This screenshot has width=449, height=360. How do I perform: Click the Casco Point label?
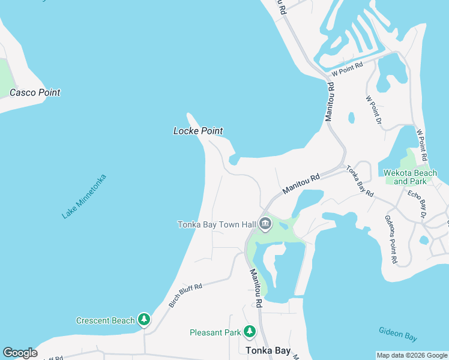click(x=34, y=92)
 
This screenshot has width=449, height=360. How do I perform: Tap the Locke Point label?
click(x=198, y=131)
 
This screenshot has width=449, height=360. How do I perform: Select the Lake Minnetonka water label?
click(x=84, y=196)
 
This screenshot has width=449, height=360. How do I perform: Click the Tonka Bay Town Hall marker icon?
click(x=266, y=225)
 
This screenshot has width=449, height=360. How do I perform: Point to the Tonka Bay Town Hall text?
click(x=217, y=225)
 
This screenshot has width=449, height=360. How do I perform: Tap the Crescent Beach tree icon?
click(x=144, y=320)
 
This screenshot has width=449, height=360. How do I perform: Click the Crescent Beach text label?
click(x=105, y=320)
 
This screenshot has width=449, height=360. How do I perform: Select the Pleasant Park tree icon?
click(x=250, y=332)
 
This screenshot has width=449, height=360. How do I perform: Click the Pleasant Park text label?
click(x=215, y=332)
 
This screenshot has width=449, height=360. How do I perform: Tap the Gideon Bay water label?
click(x=397, y=334)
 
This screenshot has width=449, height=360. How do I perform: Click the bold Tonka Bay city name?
click(x=268, y=350)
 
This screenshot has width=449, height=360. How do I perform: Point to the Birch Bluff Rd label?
click(x=185, y=296)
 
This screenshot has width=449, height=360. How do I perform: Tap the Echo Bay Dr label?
click(x=416, y=204)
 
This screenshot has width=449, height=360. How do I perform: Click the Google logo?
click(x=20, y=353)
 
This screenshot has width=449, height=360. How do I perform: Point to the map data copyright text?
click(x=412, y=355)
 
